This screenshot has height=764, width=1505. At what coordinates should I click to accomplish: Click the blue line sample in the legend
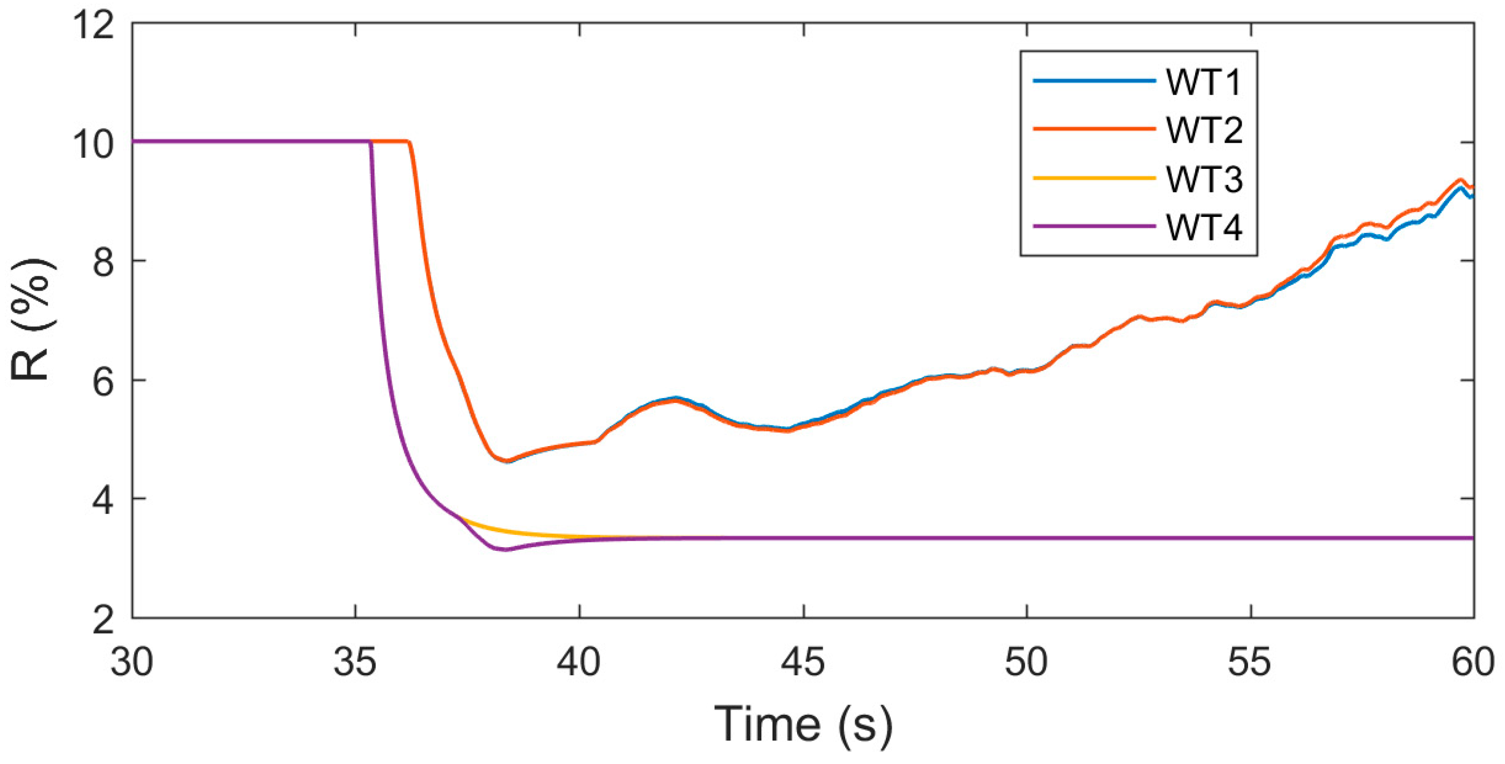pos(1094,81)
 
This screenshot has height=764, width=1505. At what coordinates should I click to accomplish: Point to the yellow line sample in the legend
pos(1094,177)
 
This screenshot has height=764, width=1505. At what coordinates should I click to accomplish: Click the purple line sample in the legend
pos(1094,226)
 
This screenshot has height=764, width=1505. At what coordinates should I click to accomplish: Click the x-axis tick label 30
pos(132,663)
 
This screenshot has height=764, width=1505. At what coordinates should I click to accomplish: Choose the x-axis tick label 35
pos(355,663)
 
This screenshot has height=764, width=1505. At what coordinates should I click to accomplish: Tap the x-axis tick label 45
pos(804,663)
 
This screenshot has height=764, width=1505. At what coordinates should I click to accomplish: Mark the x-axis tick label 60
pos(1473,663)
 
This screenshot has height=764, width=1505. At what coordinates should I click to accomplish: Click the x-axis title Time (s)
pos(804,724)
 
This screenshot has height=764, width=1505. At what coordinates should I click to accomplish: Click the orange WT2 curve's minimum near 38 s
pos(506,461)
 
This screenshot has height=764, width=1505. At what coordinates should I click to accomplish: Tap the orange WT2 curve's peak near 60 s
pos(1460,180)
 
